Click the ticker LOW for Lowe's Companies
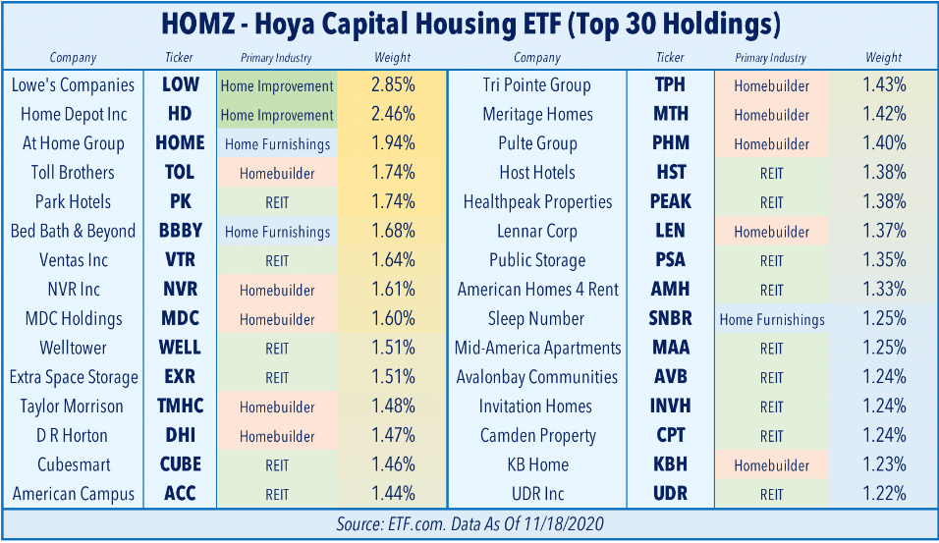tap(180, 85)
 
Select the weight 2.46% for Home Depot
tap(393, 115)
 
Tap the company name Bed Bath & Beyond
tap(73, 232)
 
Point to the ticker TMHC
tap(180, 407)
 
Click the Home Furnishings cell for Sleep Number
tap(771, 319)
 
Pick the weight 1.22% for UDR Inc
tap(884, 494)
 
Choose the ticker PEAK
tap(671, 202)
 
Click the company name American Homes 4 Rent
tap(537, 290)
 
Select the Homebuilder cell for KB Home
tap(771, 465)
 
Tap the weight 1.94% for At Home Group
tap(393, 144)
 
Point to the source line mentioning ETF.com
tap(469, 524)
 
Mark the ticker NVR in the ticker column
tap(180, 290)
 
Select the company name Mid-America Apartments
tap(537, 349)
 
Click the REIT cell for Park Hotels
tap(277, 202)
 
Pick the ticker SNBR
tap(671, 319)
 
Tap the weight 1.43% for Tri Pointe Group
tap(884, 85)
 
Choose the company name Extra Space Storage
tap(73, 377)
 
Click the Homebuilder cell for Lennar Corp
tap(771, 232)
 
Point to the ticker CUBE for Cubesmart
tap(180, 464)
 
